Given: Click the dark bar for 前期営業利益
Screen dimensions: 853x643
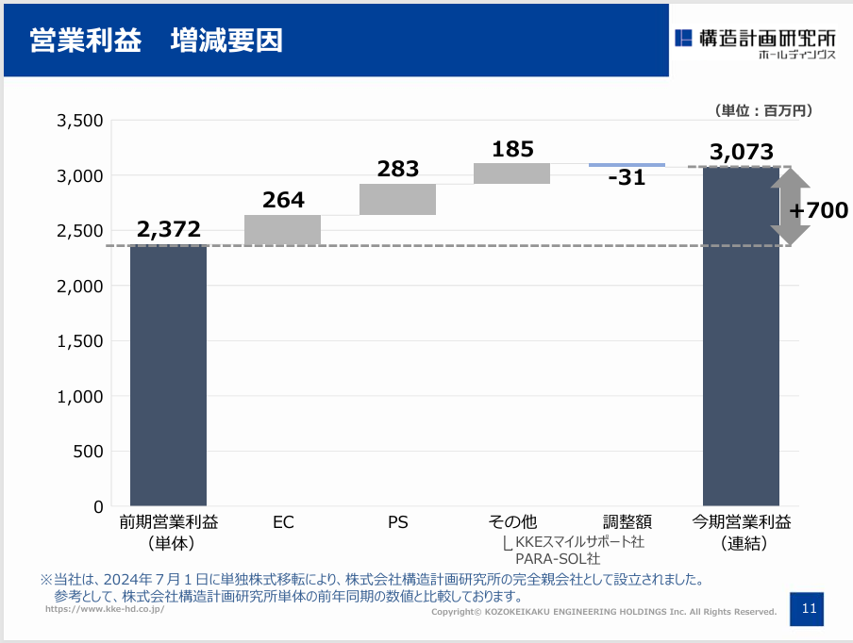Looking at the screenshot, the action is click(168, 375).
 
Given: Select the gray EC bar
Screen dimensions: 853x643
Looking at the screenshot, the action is click(282, 230).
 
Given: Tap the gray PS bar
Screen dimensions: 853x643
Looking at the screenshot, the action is click(397, 200).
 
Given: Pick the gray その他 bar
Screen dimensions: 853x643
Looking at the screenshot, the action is click(512, 173).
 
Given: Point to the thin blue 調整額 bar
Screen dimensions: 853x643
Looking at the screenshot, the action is click(627, 165).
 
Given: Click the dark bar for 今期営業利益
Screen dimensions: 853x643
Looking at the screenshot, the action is click(741, 337).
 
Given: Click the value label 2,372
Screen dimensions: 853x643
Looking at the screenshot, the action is click(169, 229).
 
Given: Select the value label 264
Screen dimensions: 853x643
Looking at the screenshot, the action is click(283, 200).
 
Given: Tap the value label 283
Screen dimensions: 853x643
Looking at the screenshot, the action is click(398, 169).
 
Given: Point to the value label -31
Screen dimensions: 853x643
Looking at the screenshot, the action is click(627, 178).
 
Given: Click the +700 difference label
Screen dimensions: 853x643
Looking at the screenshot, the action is click(819, 210).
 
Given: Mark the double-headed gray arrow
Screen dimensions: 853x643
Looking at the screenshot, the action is click(791, 206).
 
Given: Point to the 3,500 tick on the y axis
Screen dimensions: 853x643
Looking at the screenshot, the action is click(80, 121).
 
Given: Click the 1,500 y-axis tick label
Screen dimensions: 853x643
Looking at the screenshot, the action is click(80, 341).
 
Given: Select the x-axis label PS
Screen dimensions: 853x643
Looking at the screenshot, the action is click(397, 522).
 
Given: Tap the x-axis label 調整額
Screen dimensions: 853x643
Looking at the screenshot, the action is click(627, 522).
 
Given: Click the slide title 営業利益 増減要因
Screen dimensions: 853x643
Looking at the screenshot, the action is click(156, 41).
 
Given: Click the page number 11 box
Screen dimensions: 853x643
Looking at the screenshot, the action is click(807, 609).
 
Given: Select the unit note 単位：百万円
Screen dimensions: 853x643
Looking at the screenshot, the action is click(763, 111).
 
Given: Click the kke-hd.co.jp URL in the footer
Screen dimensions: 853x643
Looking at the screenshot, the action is click(105, 609).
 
